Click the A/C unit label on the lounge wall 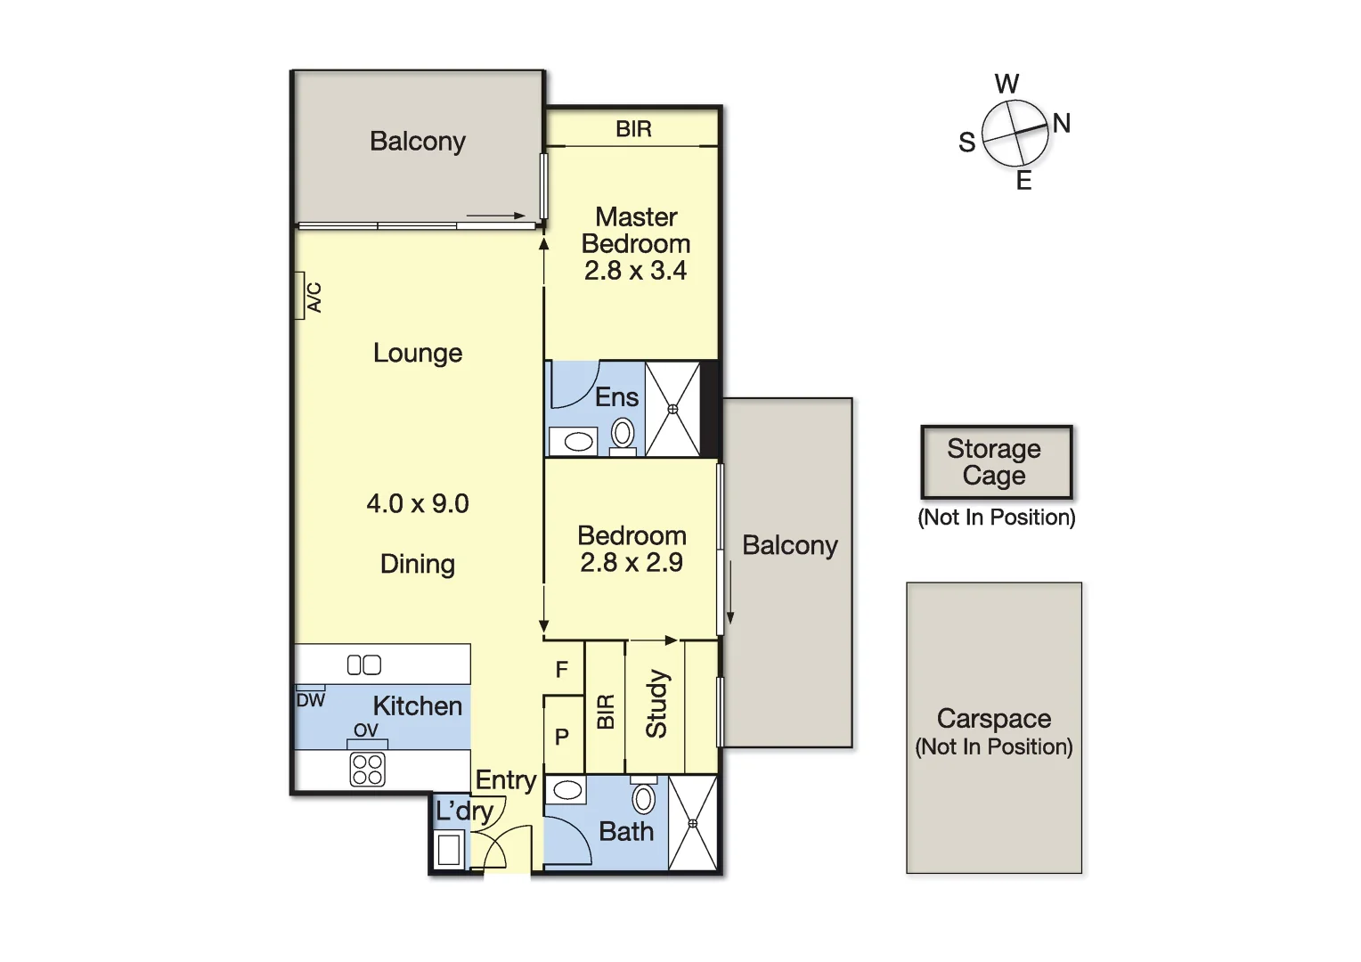pos(314,297)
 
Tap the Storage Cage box pos(995,462)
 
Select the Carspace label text pos(993,719)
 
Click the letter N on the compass pos(1061,123)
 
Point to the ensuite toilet pos(623,435)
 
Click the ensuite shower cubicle pos(672,409)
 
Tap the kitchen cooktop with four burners pos(367,770)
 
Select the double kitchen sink pos(363,664)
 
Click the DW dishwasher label pos(311,700)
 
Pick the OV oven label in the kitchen pos(366,730)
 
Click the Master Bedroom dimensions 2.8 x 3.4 pos(635,271)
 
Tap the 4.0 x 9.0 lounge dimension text pos(417,503)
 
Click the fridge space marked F pos(562,670)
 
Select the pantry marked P pos(562,737)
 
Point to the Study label pos(656,705)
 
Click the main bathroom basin pos(566,789)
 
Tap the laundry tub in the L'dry pos(449,849)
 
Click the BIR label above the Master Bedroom pos(633,129)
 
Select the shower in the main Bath pos(693,823)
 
